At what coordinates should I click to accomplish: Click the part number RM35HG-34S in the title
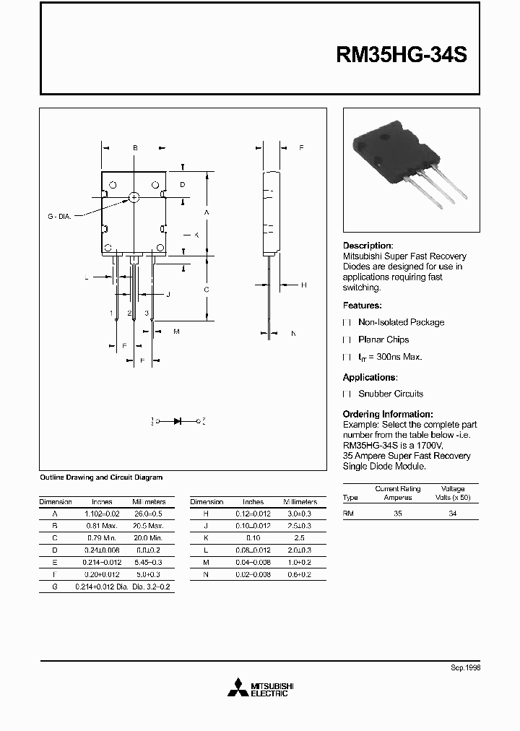point(402,56)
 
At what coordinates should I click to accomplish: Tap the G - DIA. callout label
point(59,216)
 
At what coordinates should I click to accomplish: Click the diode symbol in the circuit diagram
point(178,420)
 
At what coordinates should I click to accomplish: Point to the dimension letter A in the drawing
point(207,212)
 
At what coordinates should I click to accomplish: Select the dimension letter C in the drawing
point(207,290)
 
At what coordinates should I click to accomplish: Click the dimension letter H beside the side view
point(303,285)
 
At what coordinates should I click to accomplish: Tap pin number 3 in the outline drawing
point(147,313)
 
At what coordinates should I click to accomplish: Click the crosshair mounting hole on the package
point(134,196)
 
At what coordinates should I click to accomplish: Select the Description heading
point(368,246)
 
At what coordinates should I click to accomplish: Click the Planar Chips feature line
point(383,339)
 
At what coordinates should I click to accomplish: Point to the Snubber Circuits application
point(391,394)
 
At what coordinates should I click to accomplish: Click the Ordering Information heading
point(388,414)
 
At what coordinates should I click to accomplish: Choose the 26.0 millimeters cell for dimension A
point(149,513)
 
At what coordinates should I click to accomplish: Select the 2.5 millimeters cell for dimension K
point(300,538)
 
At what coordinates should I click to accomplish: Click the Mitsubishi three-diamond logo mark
point(236,689)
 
